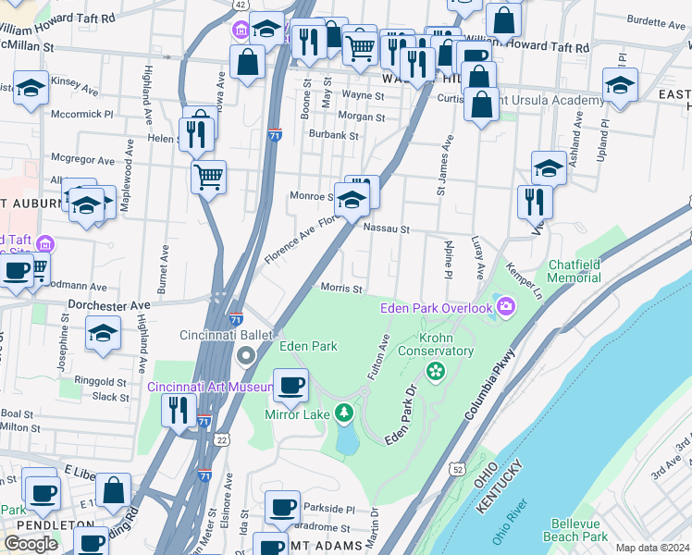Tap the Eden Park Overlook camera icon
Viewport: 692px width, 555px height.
click(x=505, y=306)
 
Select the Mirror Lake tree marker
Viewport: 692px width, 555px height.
click(x=343, y=413)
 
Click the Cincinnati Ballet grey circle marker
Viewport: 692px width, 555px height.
click(x=246, y=355)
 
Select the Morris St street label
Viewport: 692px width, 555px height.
click(x=341, y=289)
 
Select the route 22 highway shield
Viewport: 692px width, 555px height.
click(x=223, y=440)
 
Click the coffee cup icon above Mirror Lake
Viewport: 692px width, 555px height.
click(x=291, y=385)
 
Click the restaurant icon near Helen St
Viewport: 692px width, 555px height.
click(x=196, y=132)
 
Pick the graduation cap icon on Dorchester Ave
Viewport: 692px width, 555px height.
click(x=103, y=332)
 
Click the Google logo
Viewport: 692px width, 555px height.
click(x=31, y=544)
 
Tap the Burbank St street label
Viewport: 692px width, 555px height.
click(x=334, y=135)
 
